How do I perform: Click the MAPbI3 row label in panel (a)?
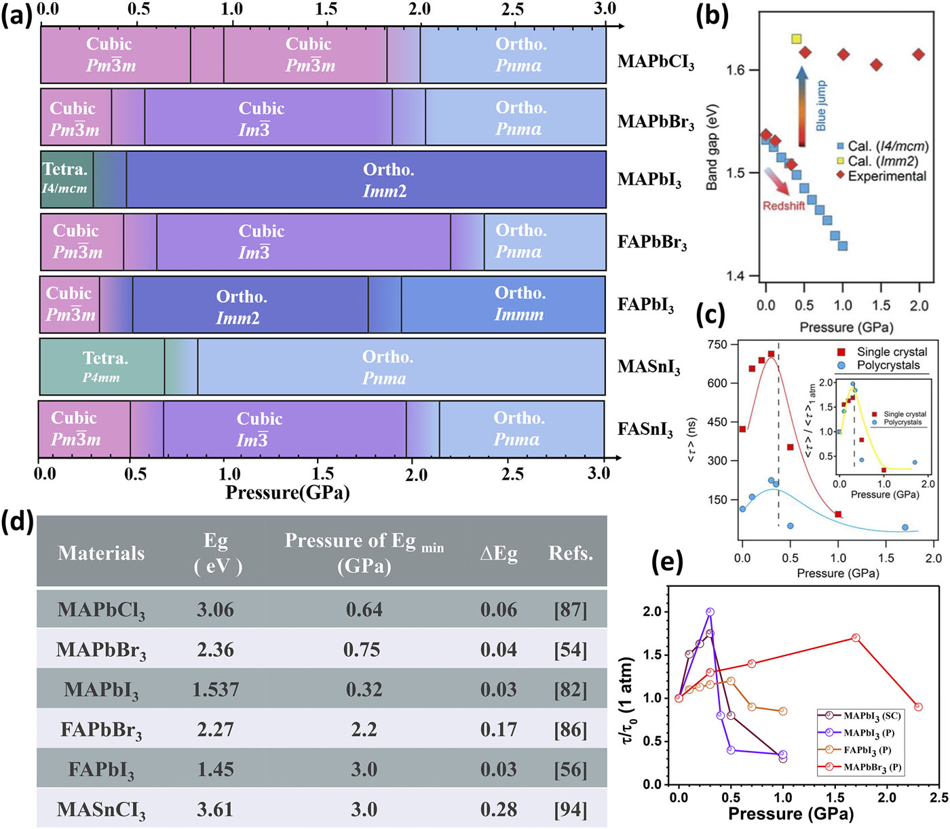point(649,180)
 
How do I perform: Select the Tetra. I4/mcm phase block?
point(66,179)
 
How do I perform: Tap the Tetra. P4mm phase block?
point(102,367)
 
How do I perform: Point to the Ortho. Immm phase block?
point(520,304)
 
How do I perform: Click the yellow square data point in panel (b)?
point(797,39)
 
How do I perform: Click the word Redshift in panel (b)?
point(784,206)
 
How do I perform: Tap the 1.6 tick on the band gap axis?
point(736,70)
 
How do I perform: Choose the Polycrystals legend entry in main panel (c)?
point(888,366)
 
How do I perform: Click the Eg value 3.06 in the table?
point(215,610)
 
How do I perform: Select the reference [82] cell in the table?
point(570,690)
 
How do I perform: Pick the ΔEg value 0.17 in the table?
point(499,730)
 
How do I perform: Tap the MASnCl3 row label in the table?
point(101,810)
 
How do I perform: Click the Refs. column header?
point(570,554)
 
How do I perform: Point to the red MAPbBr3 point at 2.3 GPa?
point(918,707)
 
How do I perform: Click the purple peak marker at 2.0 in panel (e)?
point(710,612)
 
